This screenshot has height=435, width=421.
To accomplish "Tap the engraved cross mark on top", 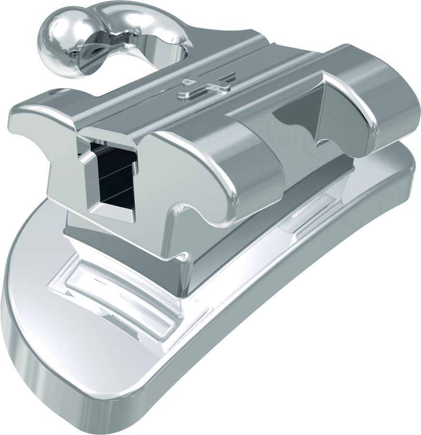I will (x=206, y=85).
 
